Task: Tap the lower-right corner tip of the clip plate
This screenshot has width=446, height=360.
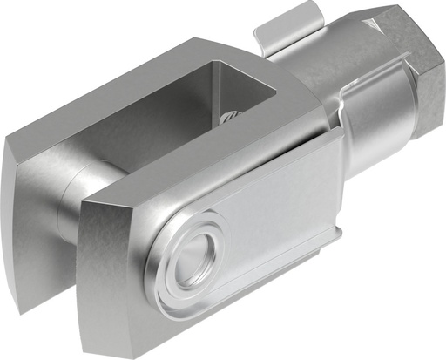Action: coord(336,248)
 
